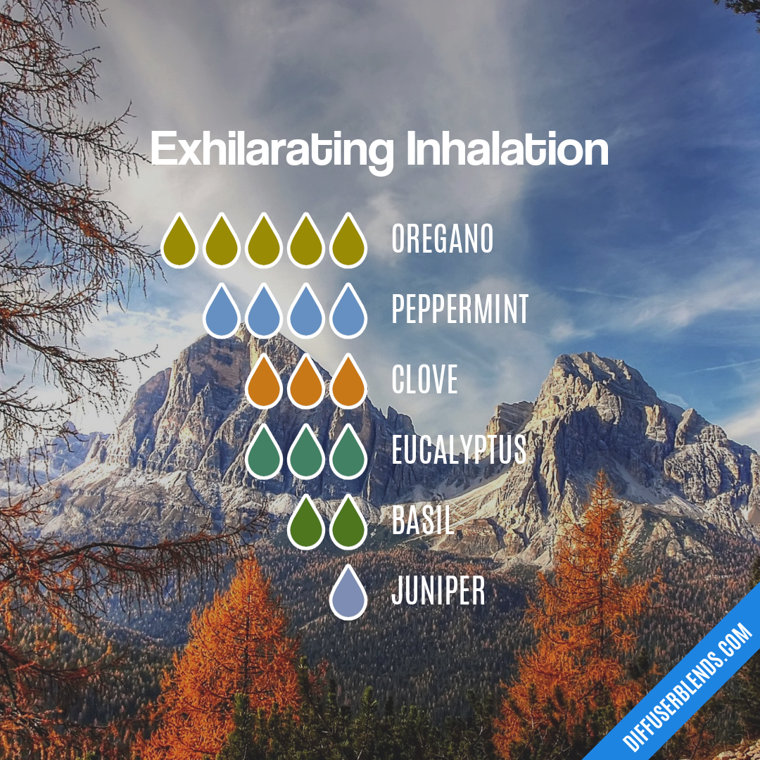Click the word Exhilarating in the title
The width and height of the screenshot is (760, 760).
[x=272, y=151]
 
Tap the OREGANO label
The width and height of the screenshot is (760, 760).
[x=442, y=240]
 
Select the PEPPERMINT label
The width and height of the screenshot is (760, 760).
[x=460, y=310]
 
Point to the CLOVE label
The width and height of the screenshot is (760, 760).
[x=424, y=381]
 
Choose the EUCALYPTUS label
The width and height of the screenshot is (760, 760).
[x=459, y=451]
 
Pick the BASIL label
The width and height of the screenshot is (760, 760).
[x=422, y=521]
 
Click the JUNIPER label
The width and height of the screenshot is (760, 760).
[x=438, y=592]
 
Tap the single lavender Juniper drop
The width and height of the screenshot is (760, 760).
[x=348, y=595]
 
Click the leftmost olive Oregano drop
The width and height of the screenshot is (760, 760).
[x=179, y=243]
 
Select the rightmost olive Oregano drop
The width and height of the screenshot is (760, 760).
[x=348, y=243]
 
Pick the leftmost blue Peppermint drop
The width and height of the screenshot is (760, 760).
[x=222, y=313]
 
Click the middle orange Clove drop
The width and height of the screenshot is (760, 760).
[x=306, y=384]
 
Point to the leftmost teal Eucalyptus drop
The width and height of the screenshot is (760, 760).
[x=264, y=454]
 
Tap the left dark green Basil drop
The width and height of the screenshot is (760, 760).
[x=306, y=524]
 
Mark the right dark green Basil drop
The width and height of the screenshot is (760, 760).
[x=348, y=524]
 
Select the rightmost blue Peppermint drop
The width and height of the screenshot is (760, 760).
[x=348, y=313]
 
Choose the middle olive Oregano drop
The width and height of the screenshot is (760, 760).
[x=264, y=243]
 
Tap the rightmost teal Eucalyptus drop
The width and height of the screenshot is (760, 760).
[x=348, y=454]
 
